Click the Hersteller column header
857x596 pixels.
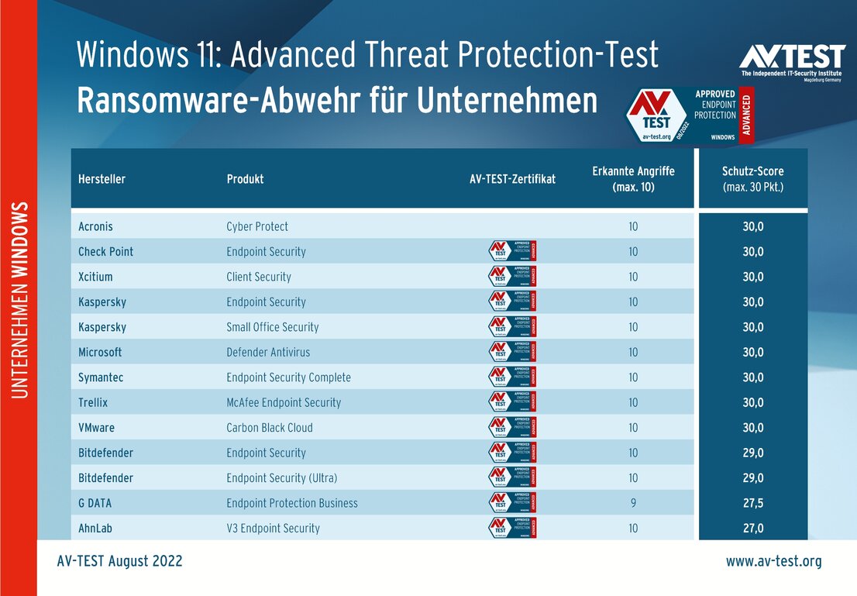(102, 179)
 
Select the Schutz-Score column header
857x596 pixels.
(752, 179)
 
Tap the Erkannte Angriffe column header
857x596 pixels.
(634, 179)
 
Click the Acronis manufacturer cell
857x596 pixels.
(95, 226)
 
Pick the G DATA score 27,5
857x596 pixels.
(752, 503)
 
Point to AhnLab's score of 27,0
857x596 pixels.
(752, 528)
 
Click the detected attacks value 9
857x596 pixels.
(633, 503)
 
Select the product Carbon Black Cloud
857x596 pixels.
(269, 428)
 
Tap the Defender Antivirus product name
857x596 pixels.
(267, 352)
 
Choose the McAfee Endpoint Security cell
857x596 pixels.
(283, 402)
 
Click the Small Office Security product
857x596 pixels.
(272, 327)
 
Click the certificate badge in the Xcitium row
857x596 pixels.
(512, 277)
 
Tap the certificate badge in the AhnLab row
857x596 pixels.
(512, 528)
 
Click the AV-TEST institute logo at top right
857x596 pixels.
(791, 60)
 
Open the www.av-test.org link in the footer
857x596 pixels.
(773, 561)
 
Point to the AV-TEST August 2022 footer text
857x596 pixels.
(119, 561)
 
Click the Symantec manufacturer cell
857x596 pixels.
(100, 377)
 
